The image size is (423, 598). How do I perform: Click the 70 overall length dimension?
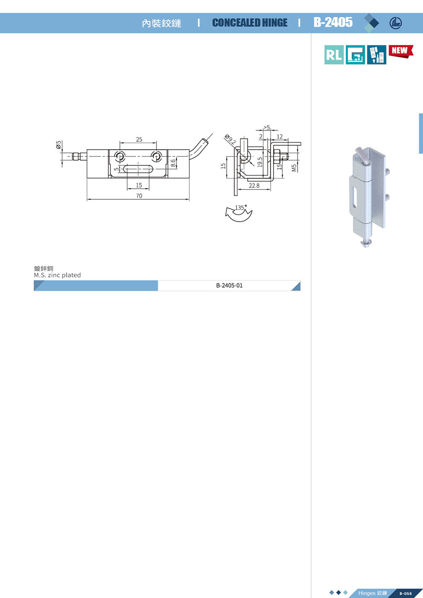(x=139, y=196)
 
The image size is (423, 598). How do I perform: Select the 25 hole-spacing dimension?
(x=139, y=139)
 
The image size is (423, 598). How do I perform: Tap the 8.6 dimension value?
(x=173, y=163)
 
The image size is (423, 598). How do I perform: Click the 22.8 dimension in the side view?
(x=254, y=185)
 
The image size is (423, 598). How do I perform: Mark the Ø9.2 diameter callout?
(x=230, y=139)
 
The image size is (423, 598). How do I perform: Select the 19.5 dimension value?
(x=260, y=162)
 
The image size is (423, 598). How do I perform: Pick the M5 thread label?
(x=294, y=168)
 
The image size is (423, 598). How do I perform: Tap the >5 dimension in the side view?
(x=266, y=127)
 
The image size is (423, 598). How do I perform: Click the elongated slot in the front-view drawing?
(x=138, y=169)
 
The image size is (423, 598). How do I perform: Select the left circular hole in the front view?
(x=120, y=156)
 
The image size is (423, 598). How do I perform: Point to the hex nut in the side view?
(x=276, y=156)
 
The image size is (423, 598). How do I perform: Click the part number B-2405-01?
(x=229, y=286)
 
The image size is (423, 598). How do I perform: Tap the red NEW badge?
(x=401, y=51)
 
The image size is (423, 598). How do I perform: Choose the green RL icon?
(x=334, y=55)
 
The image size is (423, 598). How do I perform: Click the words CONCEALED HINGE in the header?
(x=250, y=23)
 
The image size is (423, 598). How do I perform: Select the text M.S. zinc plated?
(x=57, y=275)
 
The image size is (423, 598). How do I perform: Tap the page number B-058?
(x=406, y=593)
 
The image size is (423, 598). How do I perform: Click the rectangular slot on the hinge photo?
(x=354, y=197)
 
